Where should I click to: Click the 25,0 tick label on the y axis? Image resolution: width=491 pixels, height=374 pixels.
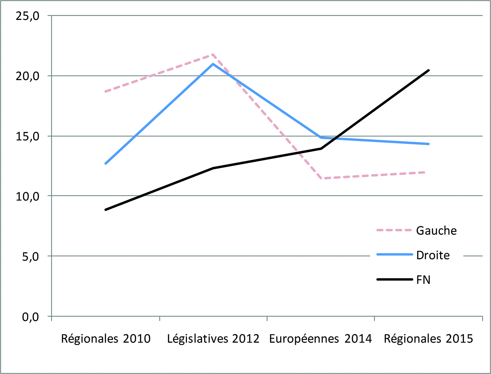(x=27, y=16)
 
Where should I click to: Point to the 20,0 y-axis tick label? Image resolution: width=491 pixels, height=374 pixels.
(x=27, y=76)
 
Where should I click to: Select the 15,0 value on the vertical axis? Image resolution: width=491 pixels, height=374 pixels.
(x=27, y=136)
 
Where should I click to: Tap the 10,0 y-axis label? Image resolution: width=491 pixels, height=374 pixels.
(x=27, y=196)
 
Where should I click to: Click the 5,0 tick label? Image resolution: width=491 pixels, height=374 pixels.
(x=30, y=256)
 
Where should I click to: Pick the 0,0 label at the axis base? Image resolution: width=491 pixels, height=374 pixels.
(x=30, y=317)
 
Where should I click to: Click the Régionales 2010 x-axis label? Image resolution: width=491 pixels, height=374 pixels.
(x=106, y=339)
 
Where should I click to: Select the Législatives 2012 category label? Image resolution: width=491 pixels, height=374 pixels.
(x=213, y=339)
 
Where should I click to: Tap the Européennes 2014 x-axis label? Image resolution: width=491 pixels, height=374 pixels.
(x=320, y=339)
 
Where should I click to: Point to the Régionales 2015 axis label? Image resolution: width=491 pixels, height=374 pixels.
(x=428, y=339)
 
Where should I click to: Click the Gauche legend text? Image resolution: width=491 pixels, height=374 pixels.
(x=436, y=231)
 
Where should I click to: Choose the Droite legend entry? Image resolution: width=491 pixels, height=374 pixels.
(x=433, y=255)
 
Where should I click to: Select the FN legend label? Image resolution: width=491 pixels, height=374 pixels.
(x=423, y=280)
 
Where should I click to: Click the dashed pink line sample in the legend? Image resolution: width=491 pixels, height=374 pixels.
(x=394, y=230)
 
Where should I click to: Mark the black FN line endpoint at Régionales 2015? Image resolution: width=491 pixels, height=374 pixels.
(x=429, y=70)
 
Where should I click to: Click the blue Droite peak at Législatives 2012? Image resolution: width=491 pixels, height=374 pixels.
(x=213, y=64)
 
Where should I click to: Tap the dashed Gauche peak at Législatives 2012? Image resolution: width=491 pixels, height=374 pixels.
(x=213, y=55)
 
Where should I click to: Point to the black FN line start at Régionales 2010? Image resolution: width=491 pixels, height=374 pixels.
(x=106, y=210)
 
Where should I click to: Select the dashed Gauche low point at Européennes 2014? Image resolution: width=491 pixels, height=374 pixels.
(x=321, y=178)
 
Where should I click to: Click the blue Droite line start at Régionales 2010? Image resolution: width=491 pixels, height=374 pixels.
(x=106, y=164)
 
